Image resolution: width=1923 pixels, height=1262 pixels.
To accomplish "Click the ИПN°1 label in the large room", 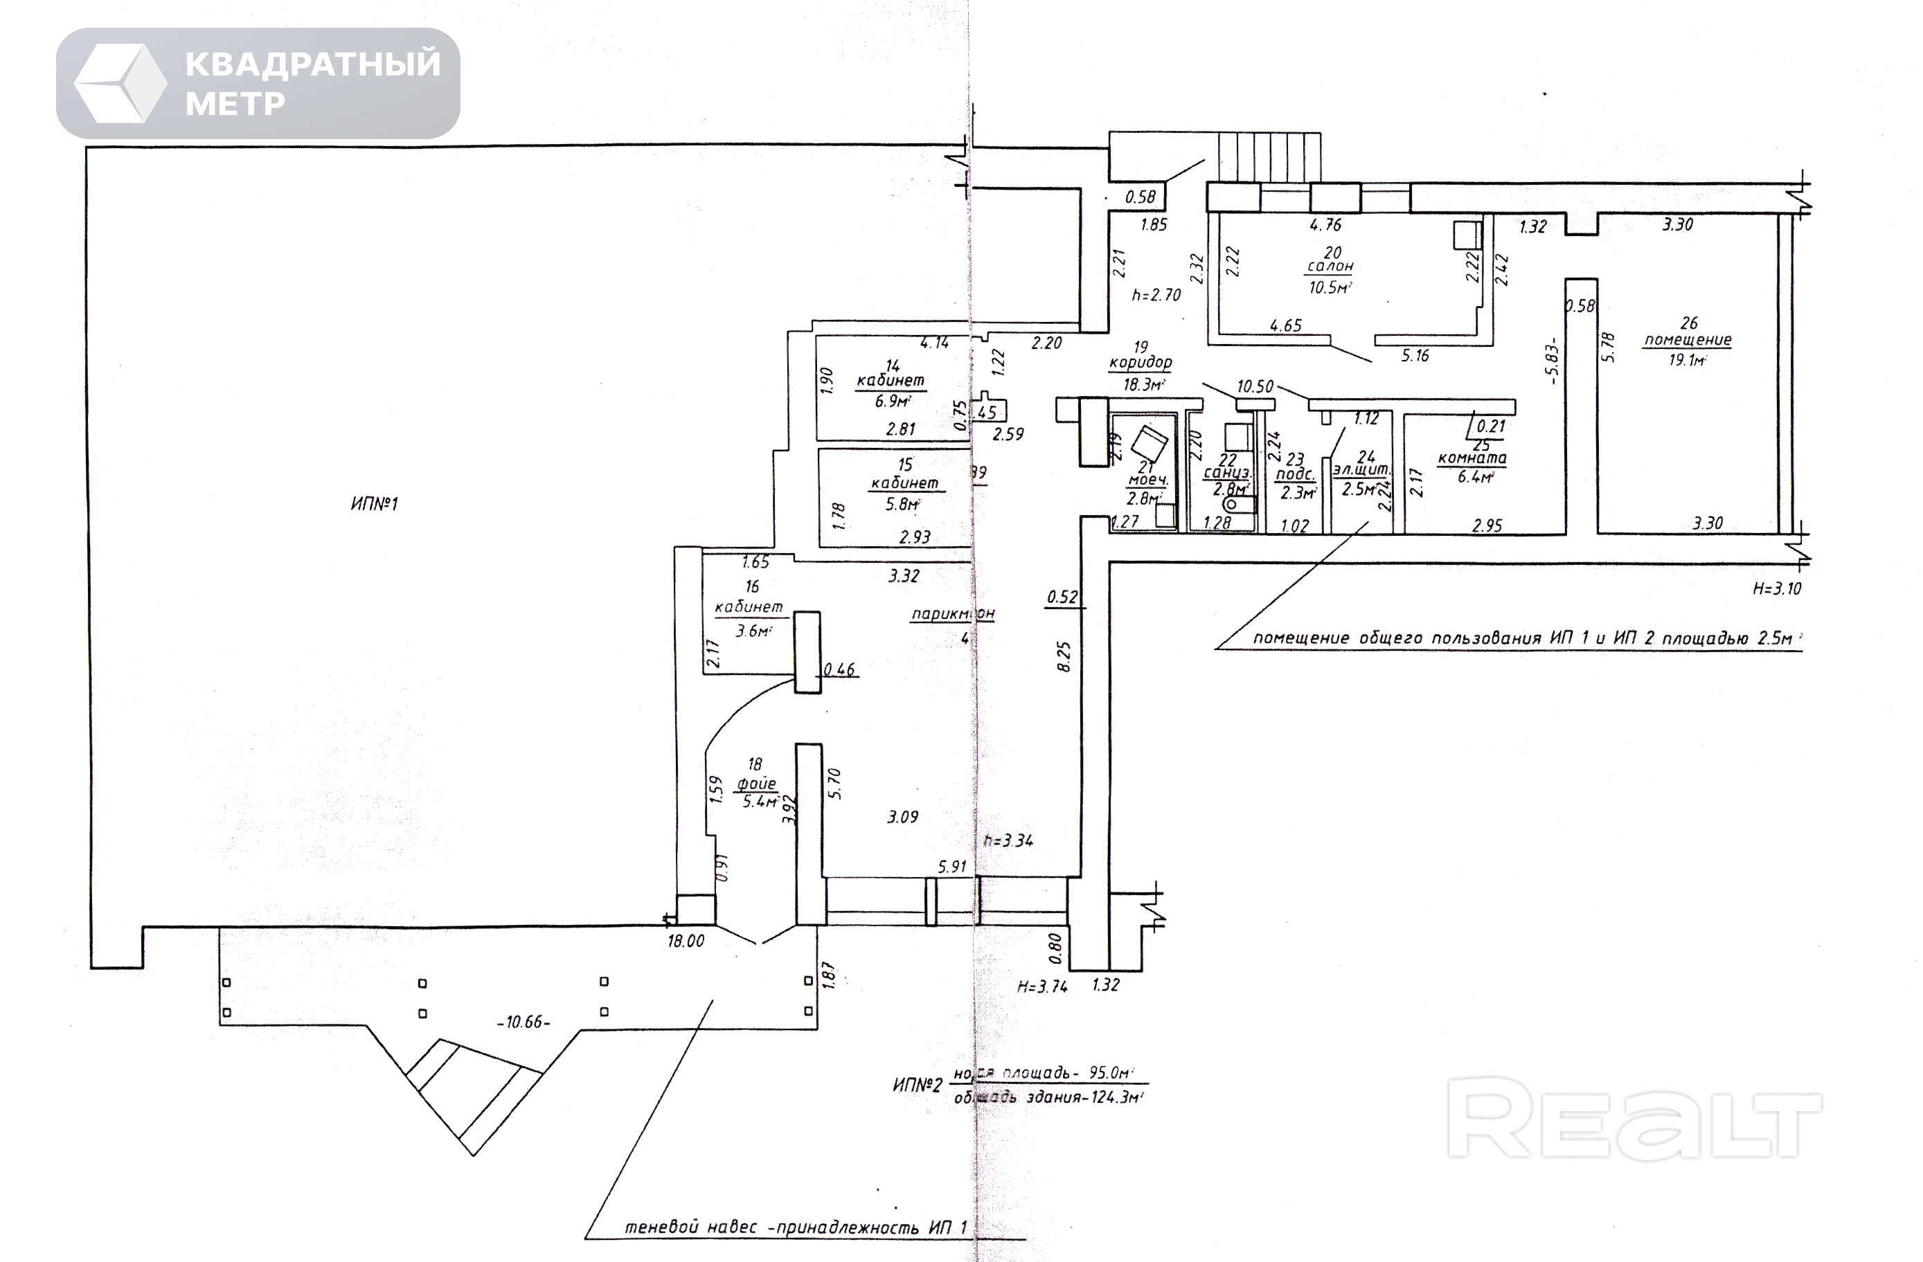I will coord(374,504).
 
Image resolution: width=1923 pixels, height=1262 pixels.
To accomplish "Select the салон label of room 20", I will coord(1330,267).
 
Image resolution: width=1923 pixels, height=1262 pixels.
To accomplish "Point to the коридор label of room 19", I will coord(1140,363).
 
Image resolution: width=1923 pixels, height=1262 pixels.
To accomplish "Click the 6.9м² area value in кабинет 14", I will coord(892,401).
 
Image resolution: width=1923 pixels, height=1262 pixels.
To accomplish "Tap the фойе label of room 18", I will coord(756,783).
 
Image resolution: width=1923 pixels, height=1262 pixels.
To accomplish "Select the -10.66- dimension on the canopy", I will coord(524,1022).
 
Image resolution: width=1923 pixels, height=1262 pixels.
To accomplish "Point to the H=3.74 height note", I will coord(1042,986).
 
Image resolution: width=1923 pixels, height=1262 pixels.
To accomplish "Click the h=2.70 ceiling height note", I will coord(1156,296).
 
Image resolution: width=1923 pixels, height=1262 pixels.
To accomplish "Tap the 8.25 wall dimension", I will coord(1064,656).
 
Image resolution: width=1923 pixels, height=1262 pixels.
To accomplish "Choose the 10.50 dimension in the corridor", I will coord(1255,387).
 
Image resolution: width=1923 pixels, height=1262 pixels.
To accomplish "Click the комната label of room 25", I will coord(1472,459).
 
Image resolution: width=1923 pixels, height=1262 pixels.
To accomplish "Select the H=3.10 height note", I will coord(1777,589).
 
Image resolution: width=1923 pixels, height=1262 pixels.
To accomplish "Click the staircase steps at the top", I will coord(1269,159).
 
